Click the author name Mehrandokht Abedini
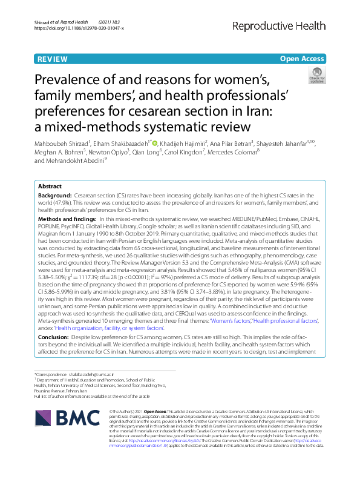(71, 161)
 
